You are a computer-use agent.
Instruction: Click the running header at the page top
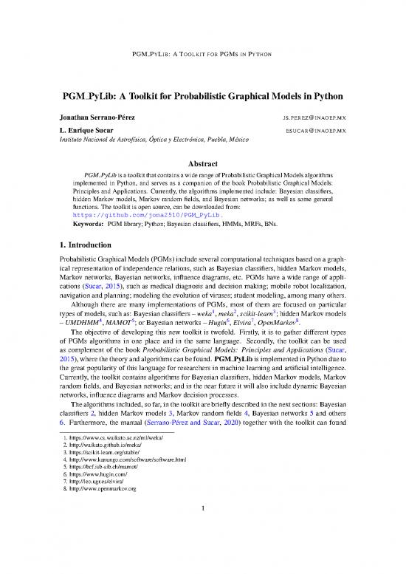[202, 55]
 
